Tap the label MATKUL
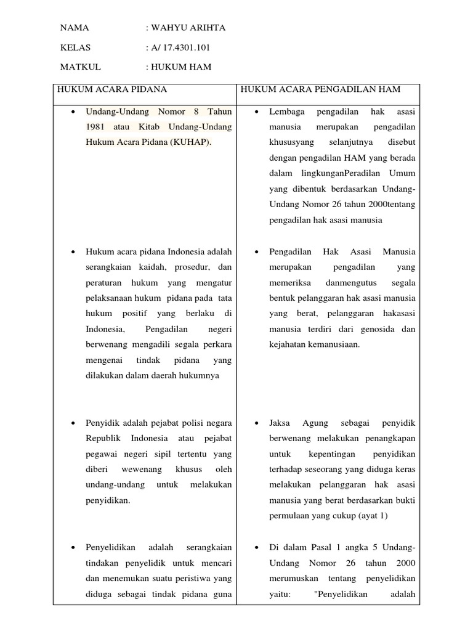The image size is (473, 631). pos(80,67)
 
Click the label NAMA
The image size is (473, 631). pos(75,28)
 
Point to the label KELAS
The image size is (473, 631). pos(76,47)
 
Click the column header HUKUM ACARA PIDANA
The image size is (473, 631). pos(112,89)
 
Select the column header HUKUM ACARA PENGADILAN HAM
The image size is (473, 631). pos(320,89)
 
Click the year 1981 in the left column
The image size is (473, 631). pos(97,127)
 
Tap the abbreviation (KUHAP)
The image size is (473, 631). pos(189,142)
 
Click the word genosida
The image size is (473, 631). pos(381,329)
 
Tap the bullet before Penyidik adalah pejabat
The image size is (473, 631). pos(73,424)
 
